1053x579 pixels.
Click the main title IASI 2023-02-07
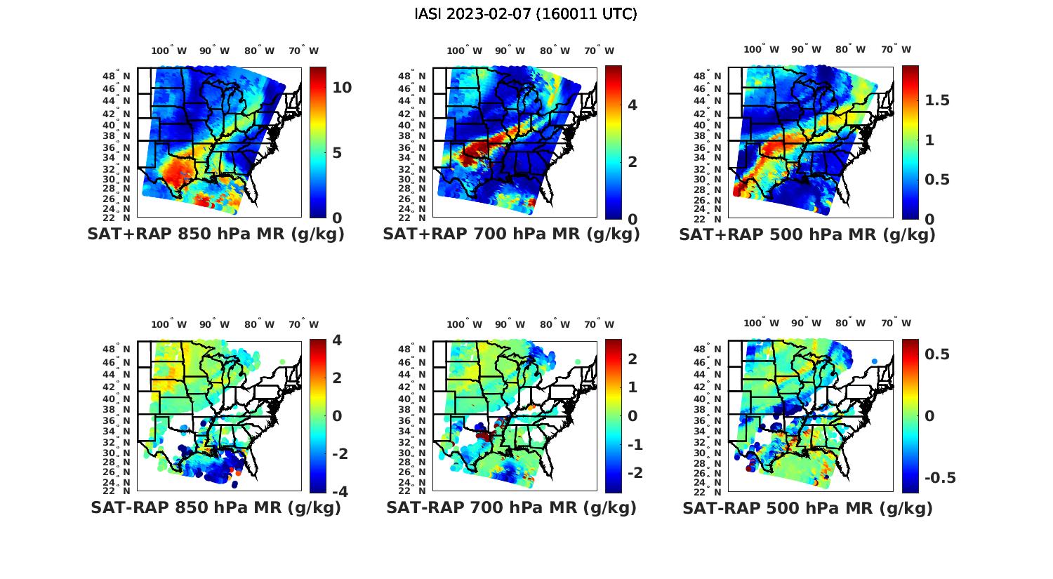point(526,14)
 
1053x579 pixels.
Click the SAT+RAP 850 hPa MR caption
point(216,234)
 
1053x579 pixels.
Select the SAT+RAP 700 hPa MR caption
point(511,234)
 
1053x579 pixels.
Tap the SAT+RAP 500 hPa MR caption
point(807,234)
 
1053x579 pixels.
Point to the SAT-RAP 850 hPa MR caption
point(216,507)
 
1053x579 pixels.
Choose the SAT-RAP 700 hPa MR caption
point(511,507)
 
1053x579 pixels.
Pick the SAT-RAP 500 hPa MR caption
point(807,507)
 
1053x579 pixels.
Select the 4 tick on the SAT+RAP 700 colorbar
point(633,105)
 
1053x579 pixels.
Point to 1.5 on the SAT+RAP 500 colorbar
point(937,100)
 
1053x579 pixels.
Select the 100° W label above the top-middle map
point(464,51)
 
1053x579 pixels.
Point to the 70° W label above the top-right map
point(896,49)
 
